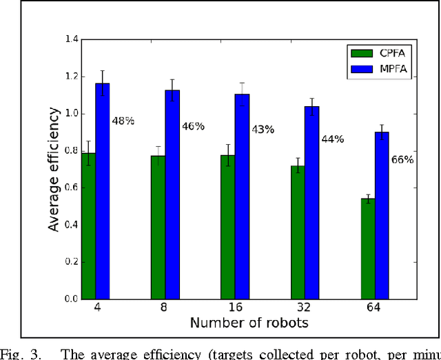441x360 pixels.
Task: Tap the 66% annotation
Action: coord(402,160)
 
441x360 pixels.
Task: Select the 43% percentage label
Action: coord(262,129)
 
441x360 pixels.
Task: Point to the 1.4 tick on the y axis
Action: coord(71,39)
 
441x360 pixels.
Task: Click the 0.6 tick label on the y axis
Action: coord(71,188)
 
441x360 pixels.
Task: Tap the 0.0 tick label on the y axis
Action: coord(71,299)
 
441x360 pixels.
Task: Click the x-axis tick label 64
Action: coord(375,309)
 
